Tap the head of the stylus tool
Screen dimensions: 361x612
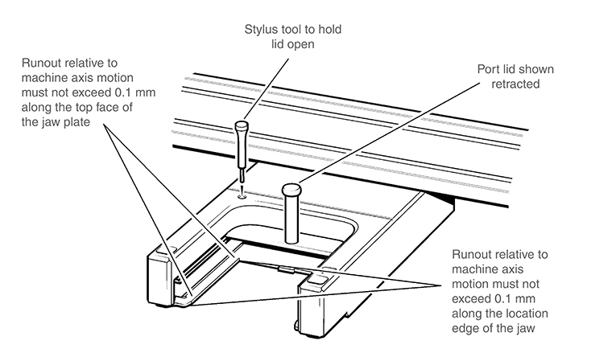tap(240, 128)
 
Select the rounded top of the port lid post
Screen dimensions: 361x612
tap(292, 190)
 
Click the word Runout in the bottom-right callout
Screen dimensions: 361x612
tap(475, 256)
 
